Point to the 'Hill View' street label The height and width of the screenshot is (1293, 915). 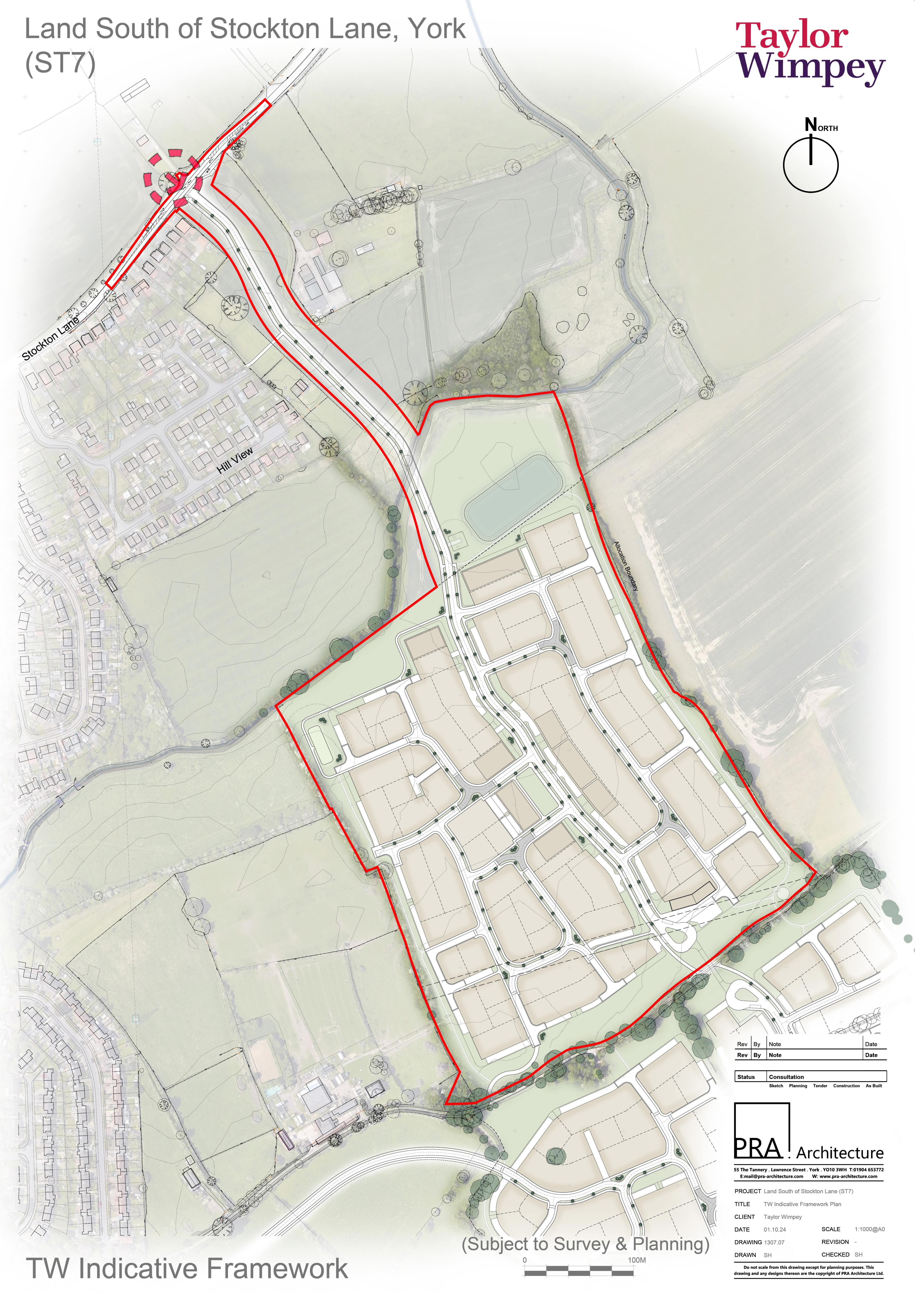[x=235, y=460]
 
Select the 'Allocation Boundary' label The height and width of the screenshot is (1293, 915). [x=627, y=565]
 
